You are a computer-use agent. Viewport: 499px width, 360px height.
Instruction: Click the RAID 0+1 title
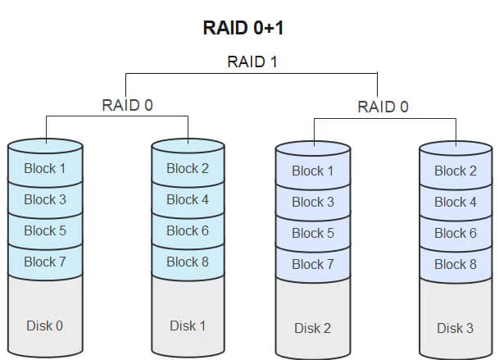(x=249, y=27)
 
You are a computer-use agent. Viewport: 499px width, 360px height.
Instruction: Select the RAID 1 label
(x=252, y=62)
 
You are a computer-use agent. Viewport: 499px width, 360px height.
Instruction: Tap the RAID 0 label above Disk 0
(x=127, y=105)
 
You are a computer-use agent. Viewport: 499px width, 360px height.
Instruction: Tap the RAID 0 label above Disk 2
(x=383, y=107)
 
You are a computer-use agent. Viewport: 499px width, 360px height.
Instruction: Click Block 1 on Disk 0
(x=45, y=169)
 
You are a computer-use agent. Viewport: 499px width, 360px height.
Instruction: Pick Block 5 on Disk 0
(x=45, y=230)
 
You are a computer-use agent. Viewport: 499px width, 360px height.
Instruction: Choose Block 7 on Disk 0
(x=45, y=262)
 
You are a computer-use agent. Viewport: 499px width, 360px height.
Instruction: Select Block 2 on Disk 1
(x=188, y=169)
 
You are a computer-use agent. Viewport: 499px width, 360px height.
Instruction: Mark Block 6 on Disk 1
(x=188, y=230)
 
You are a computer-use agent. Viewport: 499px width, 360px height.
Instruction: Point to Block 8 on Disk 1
(x=188, y=262)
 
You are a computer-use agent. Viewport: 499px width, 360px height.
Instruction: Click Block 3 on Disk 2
(x=313, y=202)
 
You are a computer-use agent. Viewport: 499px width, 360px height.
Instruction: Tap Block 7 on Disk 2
(x=313, y=264)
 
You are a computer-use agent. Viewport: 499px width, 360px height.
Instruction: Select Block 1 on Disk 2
(x=313, y=171)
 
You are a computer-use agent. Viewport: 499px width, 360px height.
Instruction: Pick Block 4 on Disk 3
(x=456, y=202)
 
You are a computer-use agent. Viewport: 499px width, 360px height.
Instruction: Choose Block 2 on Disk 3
(x=456, y=171)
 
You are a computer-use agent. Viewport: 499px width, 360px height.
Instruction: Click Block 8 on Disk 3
(x=456, y=264)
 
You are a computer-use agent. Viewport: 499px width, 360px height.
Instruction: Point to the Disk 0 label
(x=45, y=326)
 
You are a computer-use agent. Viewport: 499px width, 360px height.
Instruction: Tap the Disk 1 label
(x=188, y=326)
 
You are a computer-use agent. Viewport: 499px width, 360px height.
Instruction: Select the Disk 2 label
(x=313, y=328)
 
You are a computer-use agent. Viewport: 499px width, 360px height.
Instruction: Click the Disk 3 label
(x=456, y=328)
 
